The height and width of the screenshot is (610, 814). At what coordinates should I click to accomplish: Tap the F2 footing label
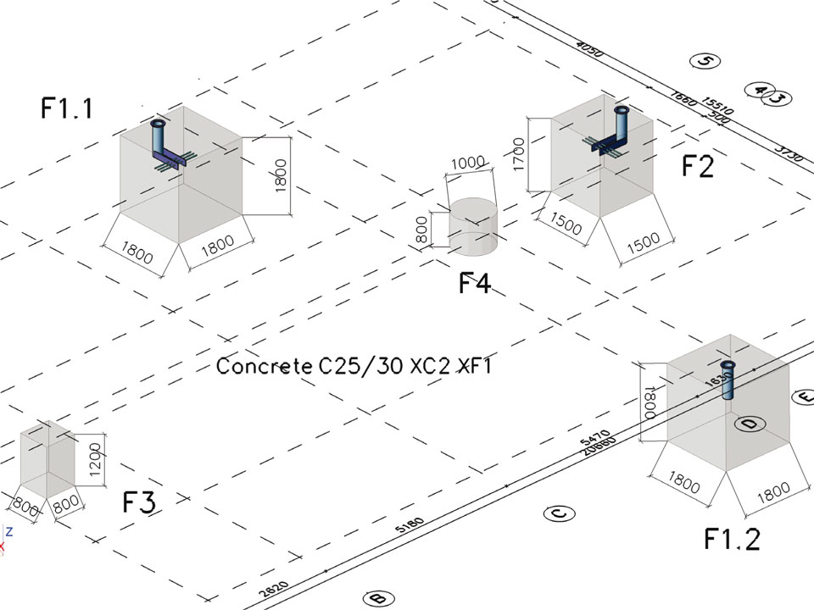[x=698, y=167]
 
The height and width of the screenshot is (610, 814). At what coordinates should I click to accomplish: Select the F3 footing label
[x=139, y=502]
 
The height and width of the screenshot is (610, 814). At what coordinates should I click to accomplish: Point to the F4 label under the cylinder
[x=474, y=283]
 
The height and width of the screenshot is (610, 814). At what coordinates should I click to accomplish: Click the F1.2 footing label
[x=732, y=538]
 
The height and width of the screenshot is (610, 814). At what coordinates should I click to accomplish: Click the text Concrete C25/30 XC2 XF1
[x=354, y=367]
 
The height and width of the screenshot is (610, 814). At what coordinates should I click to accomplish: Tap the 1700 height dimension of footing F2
[x=519, y=154]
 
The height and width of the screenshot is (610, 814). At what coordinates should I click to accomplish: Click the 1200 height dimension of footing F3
[x=95, y=461]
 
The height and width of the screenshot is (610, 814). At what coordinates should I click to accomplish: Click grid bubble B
[x=377, y=598]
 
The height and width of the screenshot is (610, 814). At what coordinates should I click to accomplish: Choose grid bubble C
[x=559, y=513]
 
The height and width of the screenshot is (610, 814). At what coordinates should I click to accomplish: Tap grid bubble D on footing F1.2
[x=748, y=424]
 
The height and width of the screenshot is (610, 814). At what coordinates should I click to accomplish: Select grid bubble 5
[x=705, y=60]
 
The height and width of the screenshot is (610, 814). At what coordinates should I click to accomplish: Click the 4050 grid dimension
[x=588, y=49]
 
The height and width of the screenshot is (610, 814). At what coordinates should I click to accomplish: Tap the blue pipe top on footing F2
[x=622, y=110]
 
